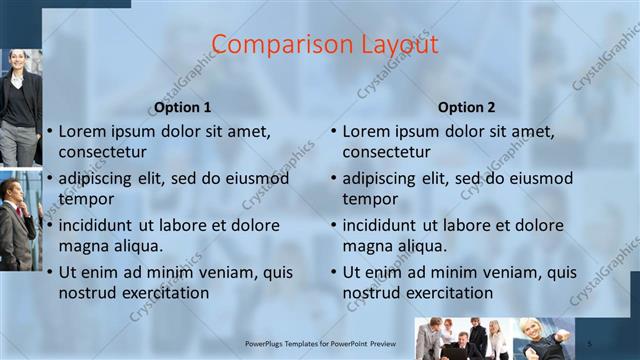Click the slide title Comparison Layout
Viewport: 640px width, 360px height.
tap(325, 45)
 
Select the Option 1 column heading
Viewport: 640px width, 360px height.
tap(182, 107)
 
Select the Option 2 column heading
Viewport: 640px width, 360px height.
tap(467, 107)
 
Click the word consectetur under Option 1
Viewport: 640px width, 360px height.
tap(103, 152)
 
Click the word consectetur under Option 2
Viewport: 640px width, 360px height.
tap(387, 152)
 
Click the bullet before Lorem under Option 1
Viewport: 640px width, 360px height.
tap(50, 132)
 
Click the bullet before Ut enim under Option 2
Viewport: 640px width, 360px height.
tap(334, 273)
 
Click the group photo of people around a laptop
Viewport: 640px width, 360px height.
tap(465, 339)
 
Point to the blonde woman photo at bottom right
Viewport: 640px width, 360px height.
tap(545, 339)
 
